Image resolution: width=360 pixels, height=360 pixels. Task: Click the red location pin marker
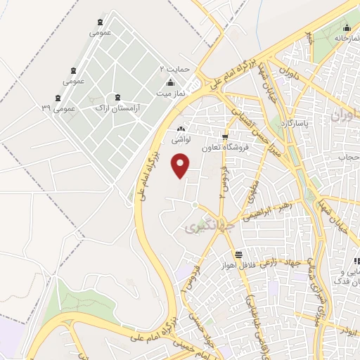[181, 165]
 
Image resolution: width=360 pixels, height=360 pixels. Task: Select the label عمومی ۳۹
[58, 109]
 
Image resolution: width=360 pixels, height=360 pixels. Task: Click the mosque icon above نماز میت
[170, 82]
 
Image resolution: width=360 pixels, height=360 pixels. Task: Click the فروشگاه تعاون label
[225, 148]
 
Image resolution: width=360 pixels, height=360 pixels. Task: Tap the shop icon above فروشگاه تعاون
[225, 138]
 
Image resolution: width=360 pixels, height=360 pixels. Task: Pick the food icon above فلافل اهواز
[240, 255]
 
